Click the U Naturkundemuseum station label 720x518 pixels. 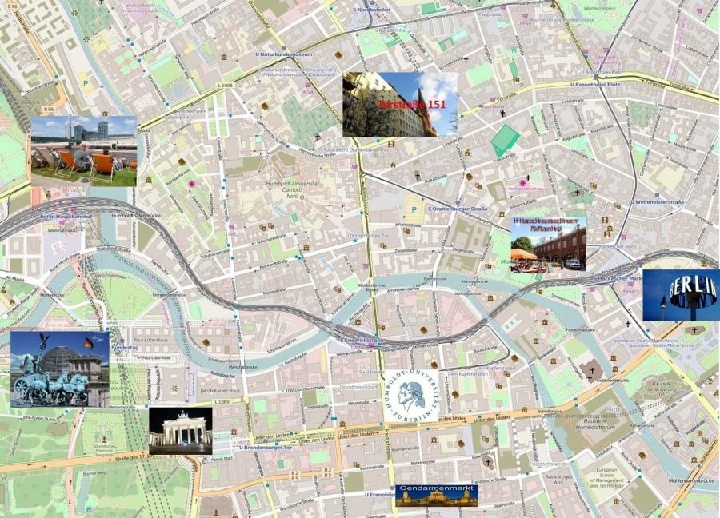point(284,54)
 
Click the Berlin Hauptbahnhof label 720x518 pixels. point(66,216)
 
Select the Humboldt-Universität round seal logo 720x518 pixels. point(411,396)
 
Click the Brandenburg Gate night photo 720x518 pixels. point(180,431)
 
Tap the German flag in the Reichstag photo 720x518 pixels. point(88,343)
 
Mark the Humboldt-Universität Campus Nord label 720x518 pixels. point(285,189)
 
